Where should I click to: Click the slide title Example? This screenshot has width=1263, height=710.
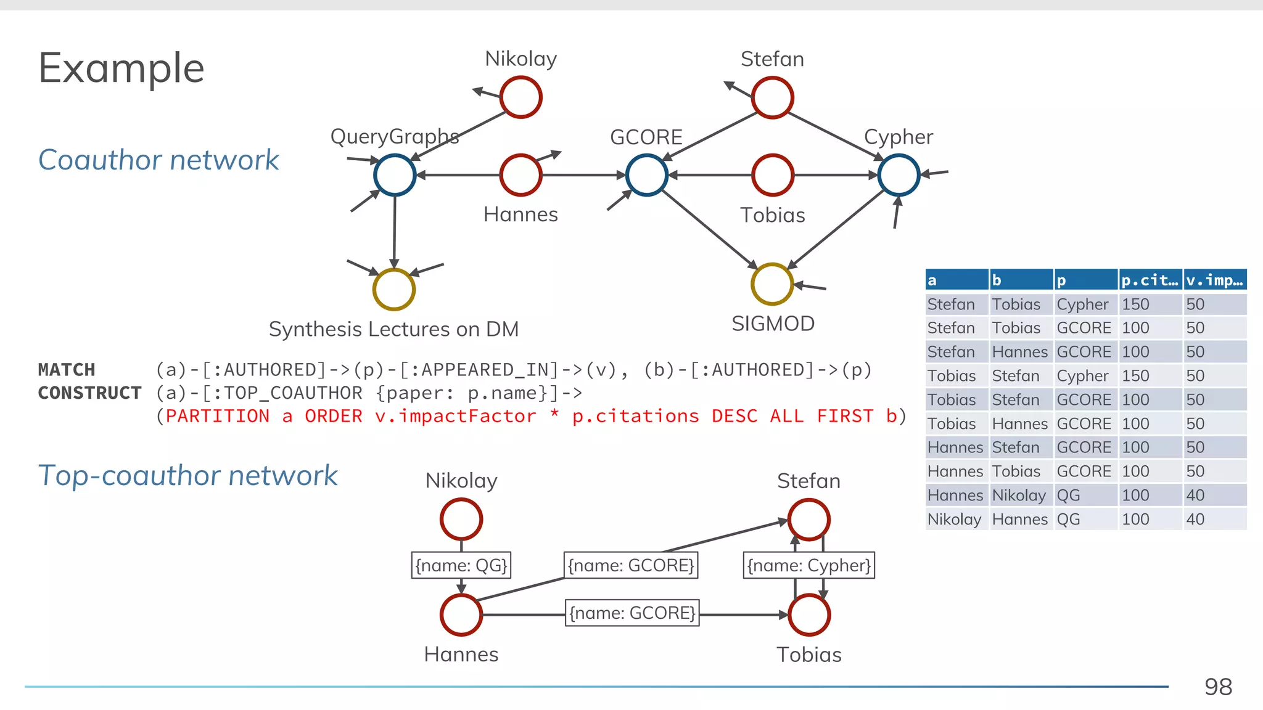click(121, 68)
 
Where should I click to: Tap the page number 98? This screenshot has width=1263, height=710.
click(1218, 687)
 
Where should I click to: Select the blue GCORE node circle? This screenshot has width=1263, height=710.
click(646, 175)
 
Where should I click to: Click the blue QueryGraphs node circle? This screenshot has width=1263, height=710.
click(395, 175)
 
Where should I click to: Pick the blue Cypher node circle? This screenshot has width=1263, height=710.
click(899, 175)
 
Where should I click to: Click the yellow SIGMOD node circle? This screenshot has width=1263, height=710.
click(771, 284)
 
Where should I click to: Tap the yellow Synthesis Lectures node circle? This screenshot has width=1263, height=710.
click(394, 289)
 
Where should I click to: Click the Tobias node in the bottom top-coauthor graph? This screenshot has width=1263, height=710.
click(808, 614)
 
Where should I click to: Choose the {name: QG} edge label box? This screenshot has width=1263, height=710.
click(461, 565)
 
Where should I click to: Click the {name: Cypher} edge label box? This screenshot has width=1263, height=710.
click(808, 565)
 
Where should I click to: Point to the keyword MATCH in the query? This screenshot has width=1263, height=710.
click(67, 370)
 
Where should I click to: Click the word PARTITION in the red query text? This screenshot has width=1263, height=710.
click(218, 416)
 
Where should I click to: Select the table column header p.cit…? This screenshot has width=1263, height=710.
click(1150, 280)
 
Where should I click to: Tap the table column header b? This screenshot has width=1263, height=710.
click(1020, 280)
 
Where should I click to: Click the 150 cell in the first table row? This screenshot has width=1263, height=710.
click(1135, 304)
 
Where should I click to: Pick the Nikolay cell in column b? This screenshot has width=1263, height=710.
click(1019, 496)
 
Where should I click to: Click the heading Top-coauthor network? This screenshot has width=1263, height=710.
click(187, 476)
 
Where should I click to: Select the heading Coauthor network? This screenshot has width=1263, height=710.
click(158, 160)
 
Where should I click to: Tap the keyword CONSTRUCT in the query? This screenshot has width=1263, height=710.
click(90, 393)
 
